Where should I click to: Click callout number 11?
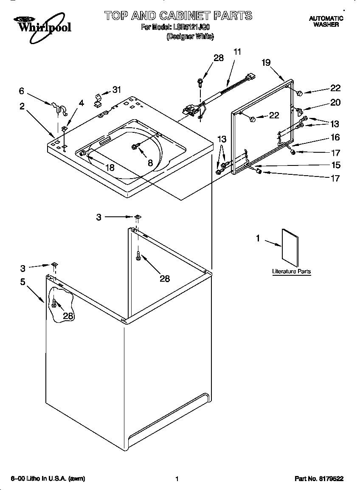237,52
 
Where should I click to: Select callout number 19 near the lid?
266,62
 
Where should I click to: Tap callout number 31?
116,89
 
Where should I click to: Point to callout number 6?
21,90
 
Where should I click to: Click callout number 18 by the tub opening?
109,168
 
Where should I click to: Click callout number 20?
335,102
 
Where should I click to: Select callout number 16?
335,137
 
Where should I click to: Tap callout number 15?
335,165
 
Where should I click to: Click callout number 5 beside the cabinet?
22,281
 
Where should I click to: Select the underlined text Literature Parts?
291,272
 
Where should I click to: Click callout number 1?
257,238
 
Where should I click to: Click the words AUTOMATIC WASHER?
326,22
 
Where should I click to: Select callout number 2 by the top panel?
22,106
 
